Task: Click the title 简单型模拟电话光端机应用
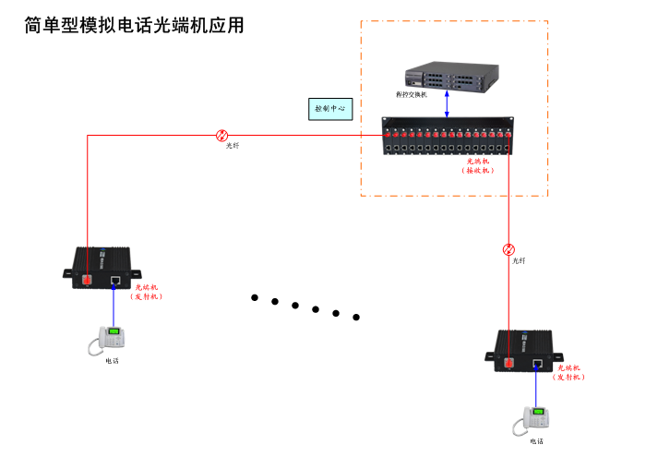pyautogui.click(x=135, y=25)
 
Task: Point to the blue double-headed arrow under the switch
pyautogui.click(x=448, y=103)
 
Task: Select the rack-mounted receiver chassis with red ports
pyautogui.click(x=448, y=137)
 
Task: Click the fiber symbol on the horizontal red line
pyautogui.click(x=221, y=135)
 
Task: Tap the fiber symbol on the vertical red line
pyautogui.click(x=508, y=249)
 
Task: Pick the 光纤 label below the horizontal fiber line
pyautogui.click(x=233, y=146)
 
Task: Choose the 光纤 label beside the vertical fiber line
pyautogui.click(x=520, y=261)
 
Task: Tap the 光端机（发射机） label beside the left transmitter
pyautogui.click(x=146, y=292)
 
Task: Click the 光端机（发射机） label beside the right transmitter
pyautogui.click(x=570, y=372)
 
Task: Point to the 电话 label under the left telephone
pyautogui.click(x=112, y=361)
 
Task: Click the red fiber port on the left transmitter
pyautogui.click(x=85, y=278)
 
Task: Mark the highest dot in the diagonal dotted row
pyautogui.click(x=254, y=297)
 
